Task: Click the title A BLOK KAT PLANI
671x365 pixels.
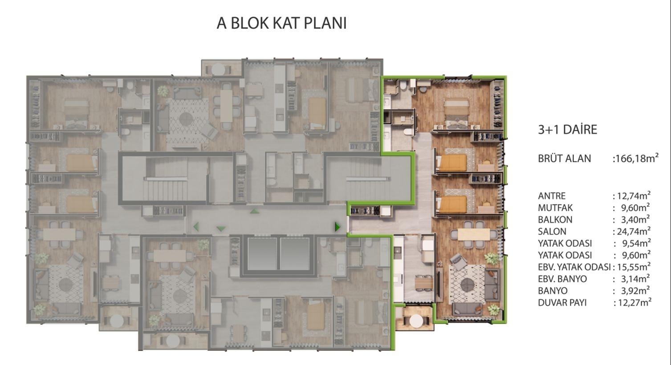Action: pyautogui.click(x=281, y=23)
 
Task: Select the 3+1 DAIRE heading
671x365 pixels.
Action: pyautogui.click(x=567, y=130)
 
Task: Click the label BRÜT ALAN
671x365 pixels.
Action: pyautogui.click(x=564, y=159)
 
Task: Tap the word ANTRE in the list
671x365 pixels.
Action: pyautogui.click(x=551, y=196)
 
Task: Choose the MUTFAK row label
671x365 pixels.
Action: pyautogui.click(x=555, y=208)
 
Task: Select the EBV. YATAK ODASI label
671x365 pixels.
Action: pyautogui.click(x=574, y=267)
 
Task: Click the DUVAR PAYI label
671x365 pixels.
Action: pyautogui.click(x=562, y=303)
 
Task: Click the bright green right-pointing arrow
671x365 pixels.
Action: pyautogui.click(x=338, y=227)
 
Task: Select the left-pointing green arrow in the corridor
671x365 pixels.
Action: pyautogui.click(x=196, y=227)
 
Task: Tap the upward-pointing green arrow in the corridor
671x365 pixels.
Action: pyautogui.click(x=254, y=211)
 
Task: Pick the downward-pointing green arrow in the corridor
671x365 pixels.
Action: pyautogui.click(x=221, y=229)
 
